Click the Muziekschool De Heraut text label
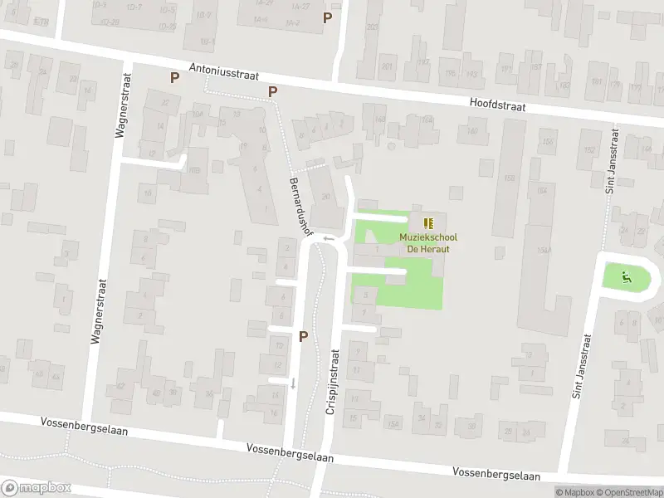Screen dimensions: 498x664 (428, 243)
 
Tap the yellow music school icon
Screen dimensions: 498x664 (428, 223)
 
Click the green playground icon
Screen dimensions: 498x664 (627, 277)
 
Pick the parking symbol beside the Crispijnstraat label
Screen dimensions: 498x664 (303, 336)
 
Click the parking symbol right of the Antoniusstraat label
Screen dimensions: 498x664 (272, 92)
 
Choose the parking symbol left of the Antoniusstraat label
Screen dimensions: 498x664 (174, 77)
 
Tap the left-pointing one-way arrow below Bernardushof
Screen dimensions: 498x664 (329, 239)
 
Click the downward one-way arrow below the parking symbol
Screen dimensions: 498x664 (292, 383)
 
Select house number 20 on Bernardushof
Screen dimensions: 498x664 (325, 197)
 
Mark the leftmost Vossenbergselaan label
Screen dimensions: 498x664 (81, 423)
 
